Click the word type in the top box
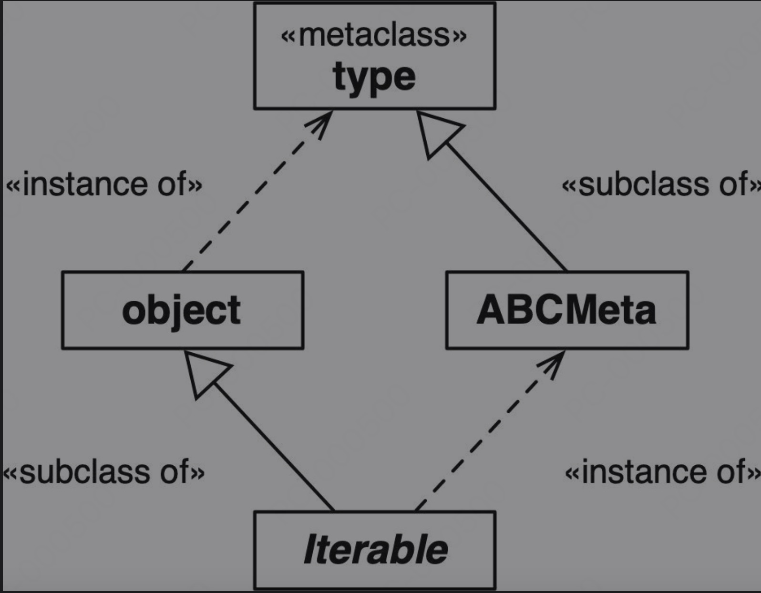374,78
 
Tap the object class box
183,310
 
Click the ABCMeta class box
567,310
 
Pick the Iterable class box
374,551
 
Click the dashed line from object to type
258,190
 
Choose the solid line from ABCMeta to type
491,190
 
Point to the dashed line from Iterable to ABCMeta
490,431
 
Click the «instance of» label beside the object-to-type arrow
104,184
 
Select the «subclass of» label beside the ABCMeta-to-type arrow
661,184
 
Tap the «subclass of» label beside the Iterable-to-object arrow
103,472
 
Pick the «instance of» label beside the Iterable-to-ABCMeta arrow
663,472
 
